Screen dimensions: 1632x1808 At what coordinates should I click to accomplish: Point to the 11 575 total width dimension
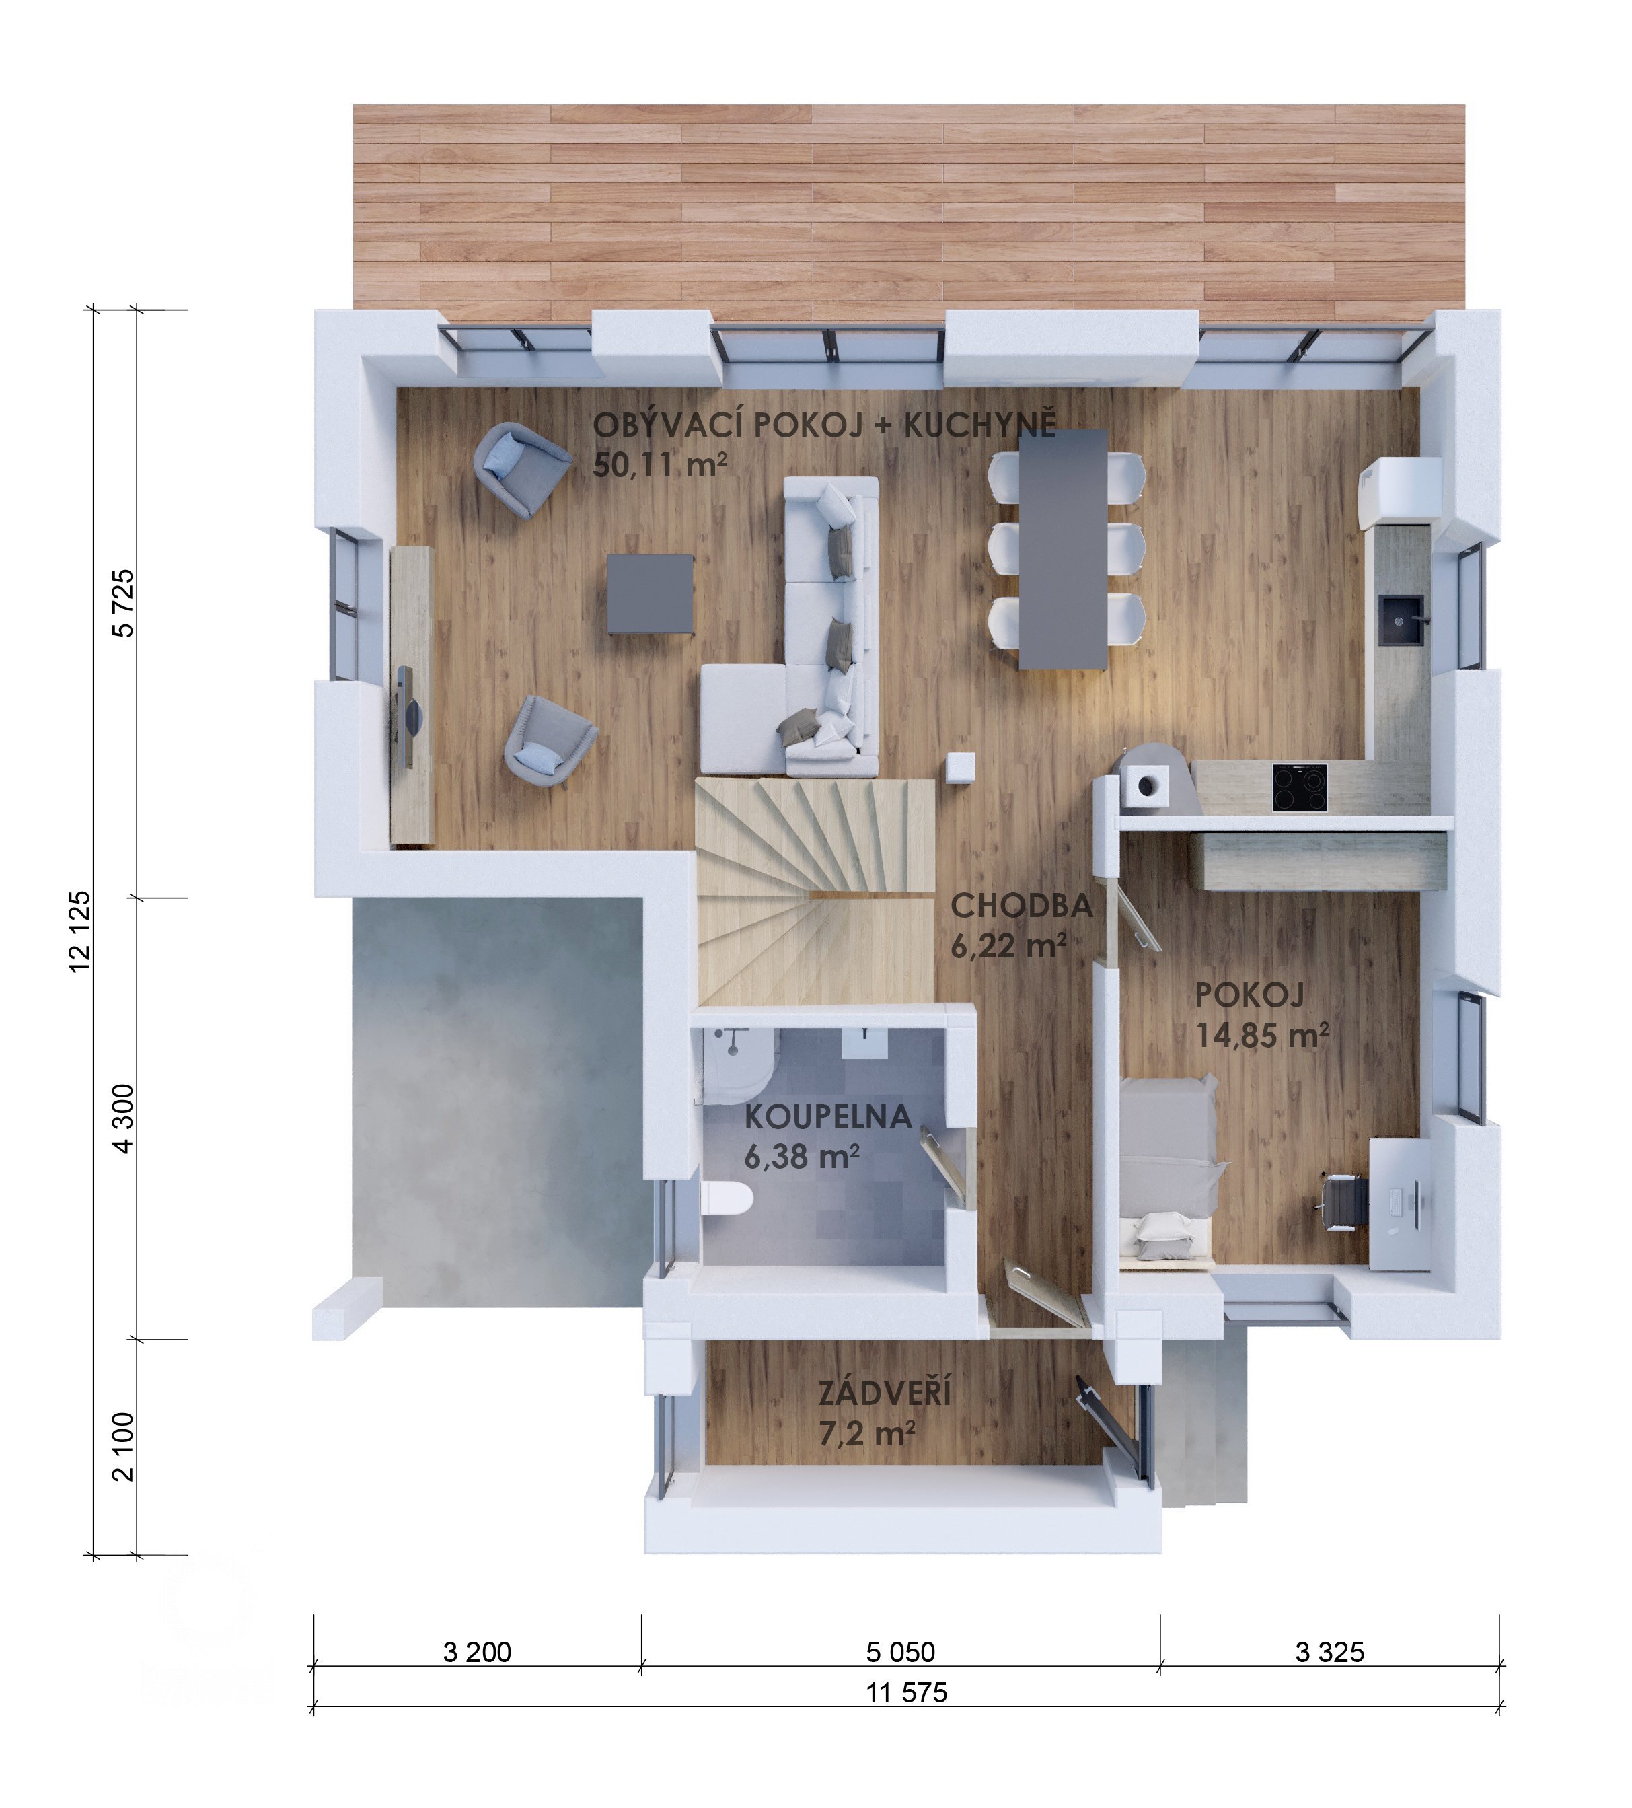click(907, 1692)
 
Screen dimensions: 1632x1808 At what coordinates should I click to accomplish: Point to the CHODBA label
click(1021, 906)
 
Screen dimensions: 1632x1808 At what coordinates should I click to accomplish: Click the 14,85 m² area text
click(1261, 1035)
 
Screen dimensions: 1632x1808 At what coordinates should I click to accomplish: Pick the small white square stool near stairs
click(961, 768)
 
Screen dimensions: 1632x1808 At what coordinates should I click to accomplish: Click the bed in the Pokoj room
click(1168, 1173)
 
